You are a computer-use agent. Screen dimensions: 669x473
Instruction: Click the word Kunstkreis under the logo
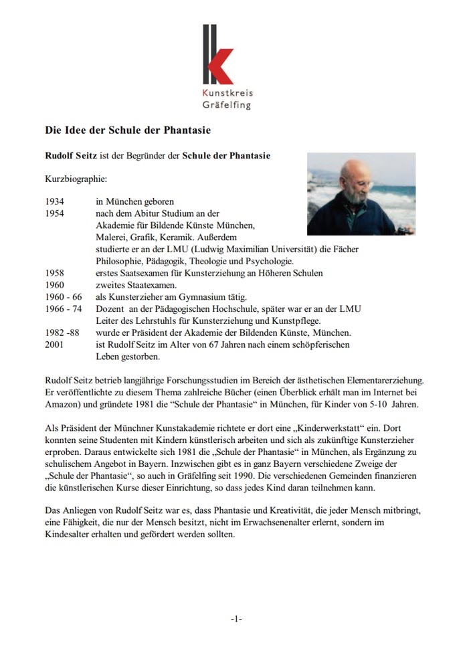pos(227,93)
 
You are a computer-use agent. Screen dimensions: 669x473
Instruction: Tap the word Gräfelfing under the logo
pos(227,105)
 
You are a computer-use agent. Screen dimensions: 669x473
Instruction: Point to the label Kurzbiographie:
pos(76,179)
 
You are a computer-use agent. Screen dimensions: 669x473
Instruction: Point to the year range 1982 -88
pos(62,332)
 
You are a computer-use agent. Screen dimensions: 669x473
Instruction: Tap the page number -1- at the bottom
pos(236,619)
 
